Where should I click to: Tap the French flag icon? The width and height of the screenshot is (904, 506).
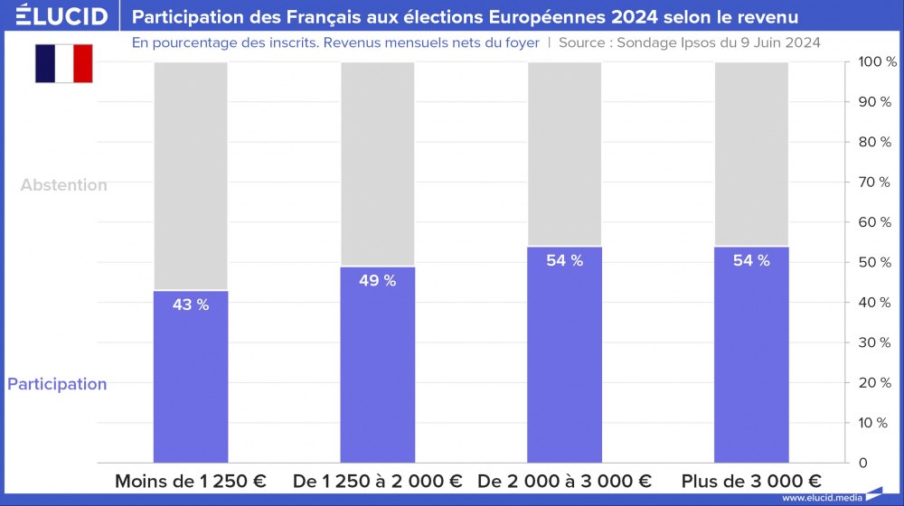(x=64, y=63)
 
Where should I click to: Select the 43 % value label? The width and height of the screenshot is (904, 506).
(x=191, y=305)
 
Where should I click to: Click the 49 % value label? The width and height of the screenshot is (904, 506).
(x=378, y=281)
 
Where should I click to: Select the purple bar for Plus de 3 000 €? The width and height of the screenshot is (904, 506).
(x=751, y=361)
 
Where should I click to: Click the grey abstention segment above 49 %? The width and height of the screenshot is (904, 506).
(x=378, y=163)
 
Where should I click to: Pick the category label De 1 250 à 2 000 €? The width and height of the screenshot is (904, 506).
(x=378, y=482)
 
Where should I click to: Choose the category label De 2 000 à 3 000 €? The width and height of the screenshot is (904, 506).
(x=565, y=482)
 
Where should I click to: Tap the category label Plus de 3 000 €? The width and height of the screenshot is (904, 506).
(x=751, y=482)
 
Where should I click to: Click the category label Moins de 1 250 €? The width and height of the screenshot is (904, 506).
(x=191, y=482)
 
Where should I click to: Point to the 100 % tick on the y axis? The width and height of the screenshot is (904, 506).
(x=876, y=62)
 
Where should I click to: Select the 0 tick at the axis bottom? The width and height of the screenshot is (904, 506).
(x=864, y=463)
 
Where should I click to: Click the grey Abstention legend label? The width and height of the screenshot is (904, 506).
(x=64, y=185)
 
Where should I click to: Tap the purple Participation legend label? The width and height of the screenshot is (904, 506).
(x=57, y=384)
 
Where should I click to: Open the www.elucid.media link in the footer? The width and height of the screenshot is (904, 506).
(x=821, y=497)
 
